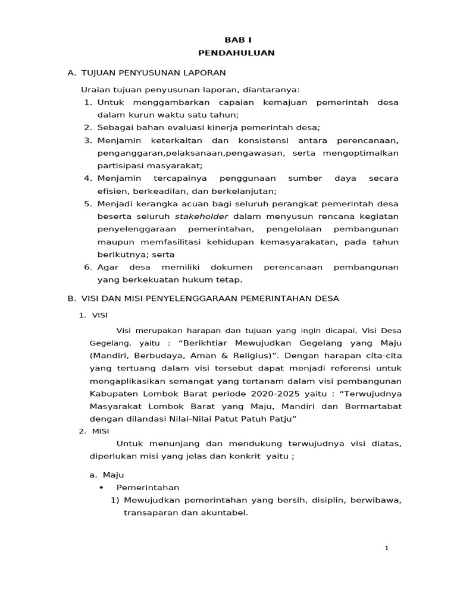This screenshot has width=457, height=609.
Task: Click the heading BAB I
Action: [x=237, y=40]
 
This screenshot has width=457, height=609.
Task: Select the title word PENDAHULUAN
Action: [x=237, y=53]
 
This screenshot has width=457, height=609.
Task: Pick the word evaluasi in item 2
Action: [x=177, y=127]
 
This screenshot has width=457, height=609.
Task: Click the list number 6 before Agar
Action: [x=86, y=267]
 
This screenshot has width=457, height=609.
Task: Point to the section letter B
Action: [x=71, y=299]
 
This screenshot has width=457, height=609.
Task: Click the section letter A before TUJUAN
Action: [x=71, y=73]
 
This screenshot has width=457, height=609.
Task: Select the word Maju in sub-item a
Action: [x=112, y=475]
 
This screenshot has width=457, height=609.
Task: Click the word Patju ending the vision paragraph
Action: [x=281, y=419]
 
